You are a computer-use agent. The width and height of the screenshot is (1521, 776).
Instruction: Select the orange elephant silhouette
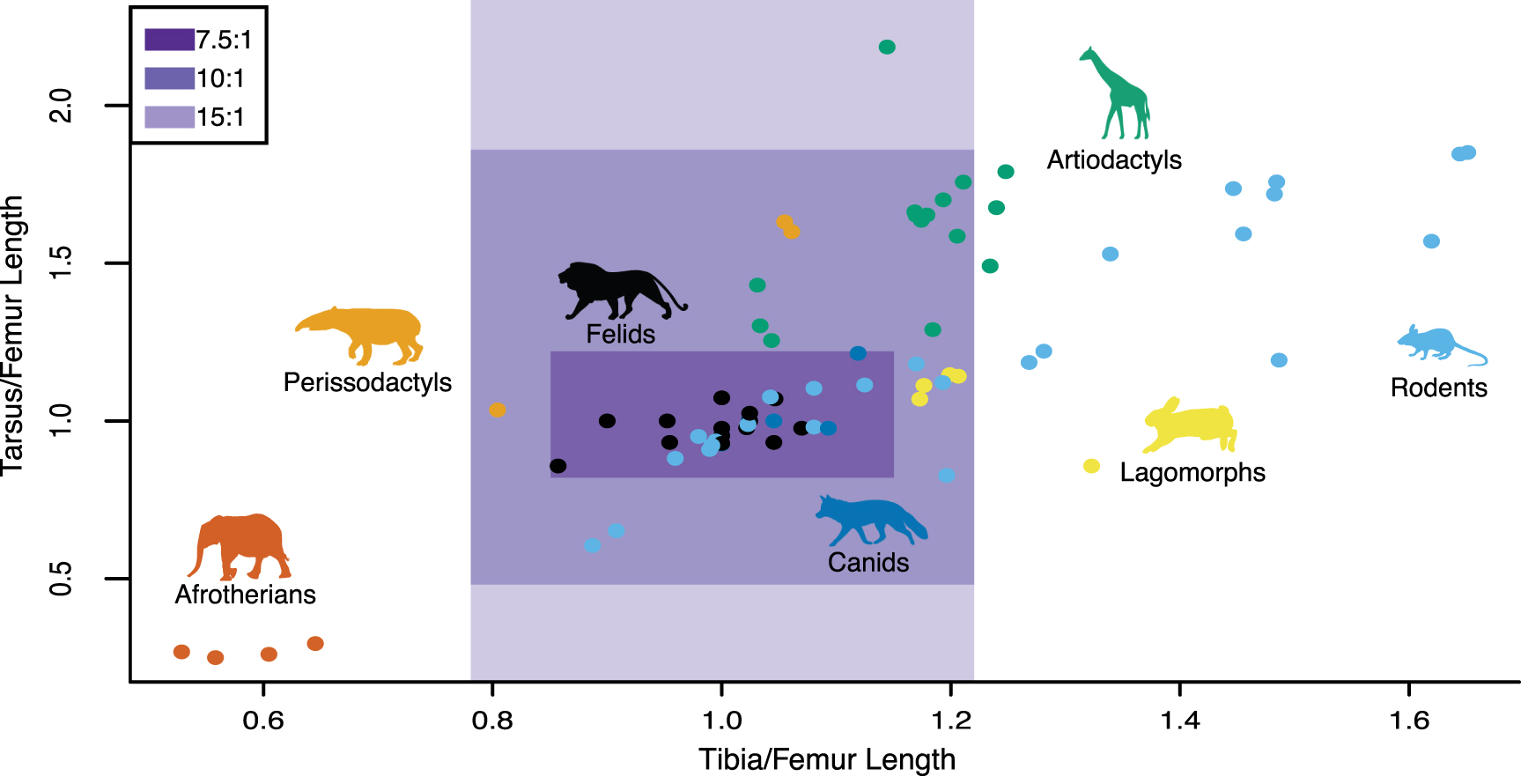click(x=240, y=546)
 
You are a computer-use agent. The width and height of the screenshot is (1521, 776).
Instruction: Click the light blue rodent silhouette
click(x=1439, y=344)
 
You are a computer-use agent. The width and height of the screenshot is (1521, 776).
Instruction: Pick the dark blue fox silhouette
click(x=872, y=521)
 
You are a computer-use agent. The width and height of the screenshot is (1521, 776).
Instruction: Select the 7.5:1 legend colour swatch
click(x=169, y=40)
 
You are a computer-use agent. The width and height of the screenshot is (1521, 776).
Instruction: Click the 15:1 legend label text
click(x=220, y=117)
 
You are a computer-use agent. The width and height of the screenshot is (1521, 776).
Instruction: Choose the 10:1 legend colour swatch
click(x=169, y=78)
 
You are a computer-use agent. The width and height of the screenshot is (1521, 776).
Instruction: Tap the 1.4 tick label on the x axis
click(x=1180, y=721)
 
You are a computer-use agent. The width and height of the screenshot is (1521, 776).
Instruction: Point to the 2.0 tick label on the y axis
click(x=61, y=106)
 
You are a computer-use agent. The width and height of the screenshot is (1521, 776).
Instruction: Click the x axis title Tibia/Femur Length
click(x=827, y=758)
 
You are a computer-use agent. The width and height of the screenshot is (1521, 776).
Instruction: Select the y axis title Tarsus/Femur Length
click(x=12, y=336)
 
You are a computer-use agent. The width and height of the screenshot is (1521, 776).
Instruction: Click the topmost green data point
click(x=887, y=47)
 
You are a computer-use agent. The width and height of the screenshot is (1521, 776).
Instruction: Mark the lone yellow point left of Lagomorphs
click(x=1091, y=466)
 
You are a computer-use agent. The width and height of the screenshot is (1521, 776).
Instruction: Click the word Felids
click(x=621, y=335)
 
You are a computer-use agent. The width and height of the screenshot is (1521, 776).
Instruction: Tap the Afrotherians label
click(x=246, y=595)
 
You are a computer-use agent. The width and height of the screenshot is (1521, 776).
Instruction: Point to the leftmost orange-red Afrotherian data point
click(x=181, y=652)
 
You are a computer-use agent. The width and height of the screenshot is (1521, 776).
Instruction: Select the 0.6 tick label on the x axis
click(x=263, y=721)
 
